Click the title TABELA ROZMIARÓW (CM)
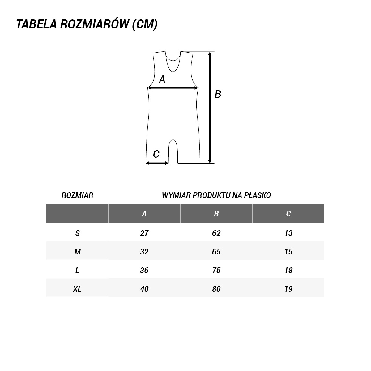pyautogui.click(x=87, y=25)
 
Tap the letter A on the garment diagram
pyautogui.click(x=162, y=80)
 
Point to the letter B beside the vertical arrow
pyautogui.click(x=218, y=94)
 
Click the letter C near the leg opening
pyautogui.click(x=156, y=154)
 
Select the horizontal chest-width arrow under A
pyautogui.click(x=173, y=88)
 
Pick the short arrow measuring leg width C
pyautogui.click(x=157, y=163)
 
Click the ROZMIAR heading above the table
pyautogui.click(x=77, y=195)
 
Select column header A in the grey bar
pyautogui.click(x=144, y=214)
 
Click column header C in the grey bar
pyautogui.click(x=288, y=214)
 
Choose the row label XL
pyautogui.click(x=77, y=289)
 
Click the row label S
pyautogui.click(x=77, y=233)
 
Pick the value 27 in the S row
pyautogui.click(x=144, y=233)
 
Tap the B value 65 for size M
pyautogui.click(x=216, y=252)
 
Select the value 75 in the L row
pyautogui.click(x=216, y=270)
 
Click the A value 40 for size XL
pyautogui.click(x=144, y=289)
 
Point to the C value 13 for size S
pyautogui.click(x=288, y=233)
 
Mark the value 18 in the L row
pyautogui.click(x=288, y=270)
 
